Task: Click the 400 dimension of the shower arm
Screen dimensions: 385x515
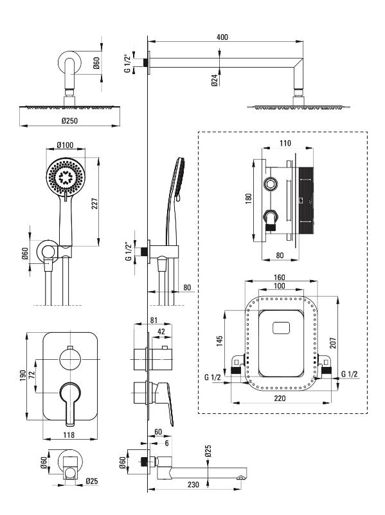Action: coord(222,37)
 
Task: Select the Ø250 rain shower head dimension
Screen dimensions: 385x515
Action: coord(69,120)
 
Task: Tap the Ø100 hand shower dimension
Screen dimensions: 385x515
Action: coord(65,145)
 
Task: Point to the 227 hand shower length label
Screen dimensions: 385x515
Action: coord(94,204)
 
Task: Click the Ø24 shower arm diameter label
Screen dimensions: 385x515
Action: coord(214,80)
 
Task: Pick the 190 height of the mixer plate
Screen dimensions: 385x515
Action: coord(22,375)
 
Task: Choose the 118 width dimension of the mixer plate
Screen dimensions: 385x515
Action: coord(69,435)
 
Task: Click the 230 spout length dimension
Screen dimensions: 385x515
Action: coord(193,485)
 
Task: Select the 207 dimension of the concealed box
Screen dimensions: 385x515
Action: coord(333,342)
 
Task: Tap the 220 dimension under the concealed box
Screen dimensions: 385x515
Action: coord(280,398)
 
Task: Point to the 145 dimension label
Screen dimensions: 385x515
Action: coord(220,341)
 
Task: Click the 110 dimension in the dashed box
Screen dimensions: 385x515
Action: coord(285,143)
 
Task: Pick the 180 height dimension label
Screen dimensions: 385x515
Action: coord(249,198)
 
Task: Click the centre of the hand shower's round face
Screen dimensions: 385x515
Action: coord(66,177)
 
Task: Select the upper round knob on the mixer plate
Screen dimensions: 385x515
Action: coord(70,360)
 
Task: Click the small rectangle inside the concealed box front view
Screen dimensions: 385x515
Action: coord(282,328)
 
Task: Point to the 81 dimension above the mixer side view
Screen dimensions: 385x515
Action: coord(154,320)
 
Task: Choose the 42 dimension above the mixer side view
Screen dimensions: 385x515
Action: coord(161,332)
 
